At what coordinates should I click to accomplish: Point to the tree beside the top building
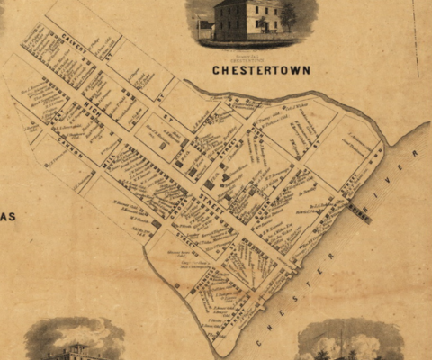[x=289, y=15]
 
